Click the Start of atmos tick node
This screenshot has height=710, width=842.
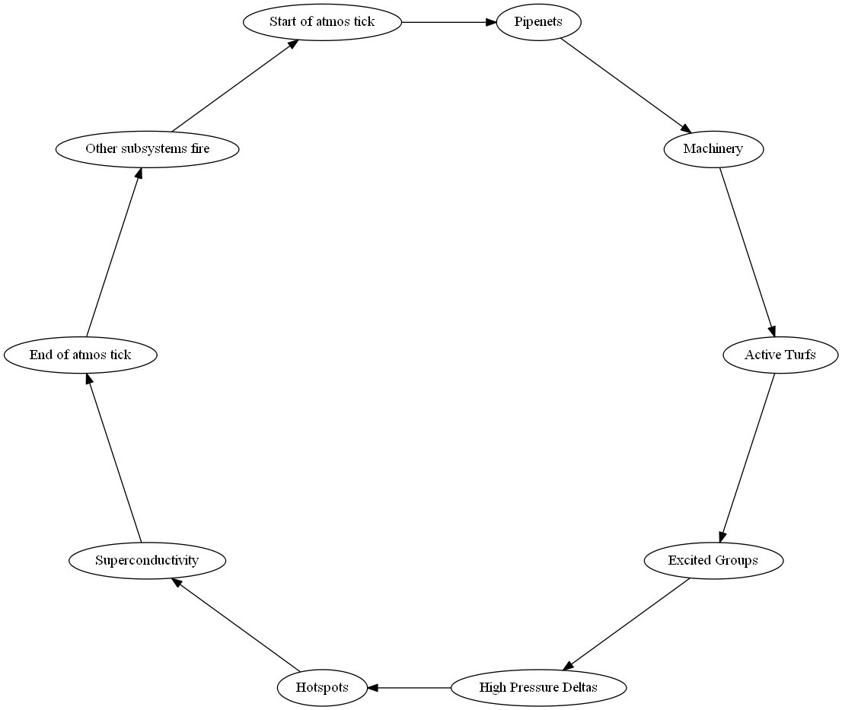(322, 21)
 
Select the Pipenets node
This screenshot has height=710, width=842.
(538, 21)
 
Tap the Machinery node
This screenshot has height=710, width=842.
(713, 149)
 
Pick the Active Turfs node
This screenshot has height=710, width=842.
(780, 355)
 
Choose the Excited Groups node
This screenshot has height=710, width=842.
(713, 561)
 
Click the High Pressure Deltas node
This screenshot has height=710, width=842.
(538, 688)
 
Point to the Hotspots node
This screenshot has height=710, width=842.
(322, 688)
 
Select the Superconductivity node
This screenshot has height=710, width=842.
(147, 561)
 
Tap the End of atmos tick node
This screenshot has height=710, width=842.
(80, 355)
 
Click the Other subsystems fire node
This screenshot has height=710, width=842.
(147, 149)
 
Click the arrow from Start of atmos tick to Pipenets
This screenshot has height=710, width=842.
(448, 21)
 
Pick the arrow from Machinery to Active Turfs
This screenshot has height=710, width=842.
(747, 252)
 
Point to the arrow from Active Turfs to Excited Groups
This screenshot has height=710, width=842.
(747, 457)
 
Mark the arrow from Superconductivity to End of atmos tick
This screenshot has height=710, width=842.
(113, 457)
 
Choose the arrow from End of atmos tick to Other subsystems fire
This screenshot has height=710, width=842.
(113, 252)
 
